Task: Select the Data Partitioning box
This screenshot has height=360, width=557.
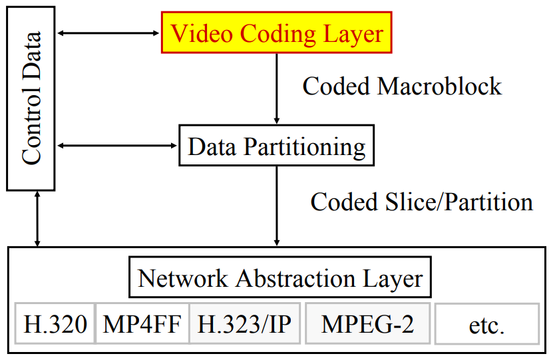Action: point(277,146)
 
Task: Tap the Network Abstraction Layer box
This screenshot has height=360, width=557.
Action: point(279,278)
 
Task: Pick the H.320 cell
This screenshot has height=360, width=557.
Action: point(55,324)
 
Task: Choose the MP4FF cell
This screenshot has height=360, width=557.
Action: point(142,324)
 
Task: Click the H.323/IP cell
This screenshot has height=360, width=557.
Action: point(244,324)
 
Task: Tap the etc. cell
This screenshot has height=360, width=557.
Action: point(486,325)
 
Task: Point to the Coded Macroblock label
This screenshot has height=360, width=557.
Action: point(402,87)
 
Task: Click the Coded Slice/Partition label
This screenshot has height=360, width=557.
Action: point(421,202)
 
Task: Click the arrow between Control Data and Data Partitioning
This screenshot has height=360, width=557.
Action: point(117,144)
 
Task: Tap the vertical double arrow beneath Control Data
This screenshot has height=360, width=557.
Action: point(38,218)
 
